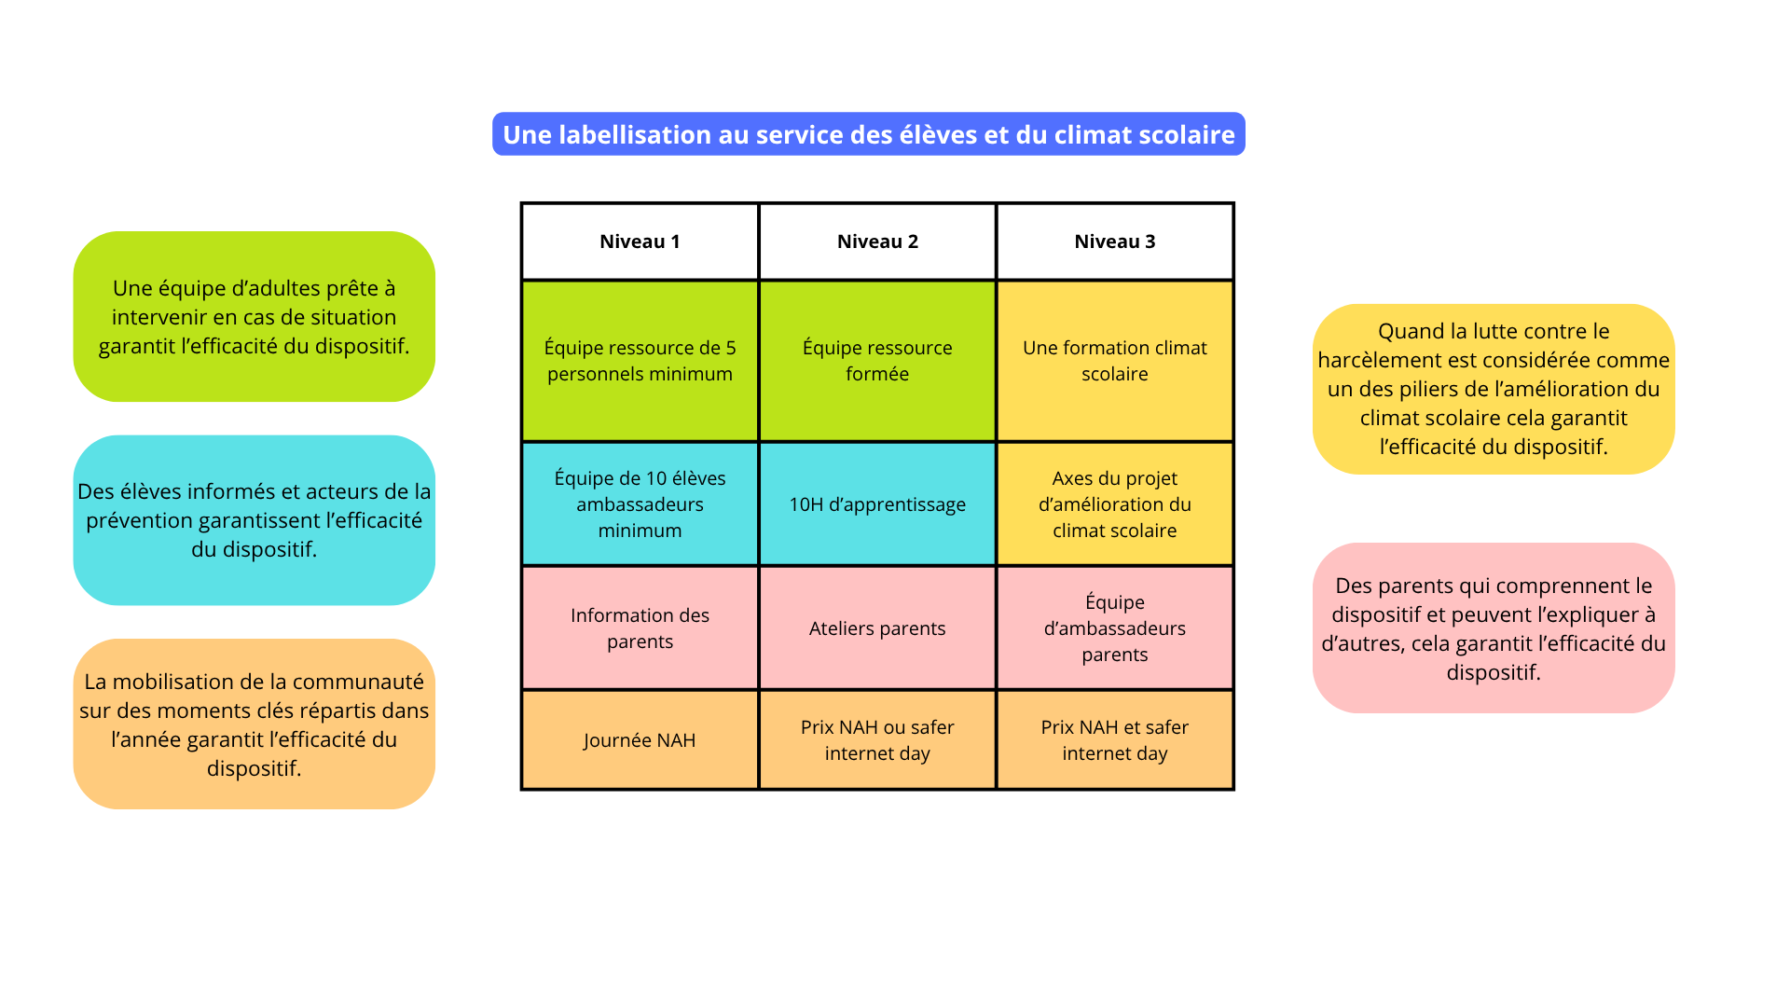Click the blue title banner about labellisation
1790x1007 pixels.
[x=868, y=134]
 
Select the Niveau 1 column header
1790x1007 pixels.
[x=640, y=241]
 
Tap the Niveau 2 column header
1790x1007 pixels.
[x=877, y=241]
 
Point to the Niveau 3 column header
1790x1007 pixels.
[x=1115, y=241]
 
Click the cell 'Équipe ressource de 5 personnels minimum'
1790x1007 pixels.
[x=640, y=361]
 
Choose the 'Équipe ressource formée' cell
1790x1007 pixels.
[x=877, y=361]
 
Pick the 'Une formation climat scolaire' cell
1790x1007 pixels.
[x=1115, y=361]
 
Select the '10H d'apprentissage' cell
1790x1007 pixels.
[x=877, y=504]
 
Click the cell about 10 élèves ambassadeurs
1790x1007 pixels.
[x=640, y=504]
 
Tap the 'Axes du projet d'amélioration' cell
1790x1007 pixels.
[x=1115, y=504]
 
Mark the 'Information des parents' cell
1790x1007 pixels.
[x=640, y=628]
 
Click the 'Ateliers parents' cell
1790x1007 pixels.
[x=877, y=628]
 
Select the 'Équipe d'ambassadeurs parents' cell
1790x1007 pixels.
[x=1115, y=628]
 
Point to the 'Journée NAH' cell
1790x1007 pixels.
[x=640, y=740]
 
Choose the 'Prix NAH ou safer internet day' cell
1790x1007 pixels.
[x=877, y=740]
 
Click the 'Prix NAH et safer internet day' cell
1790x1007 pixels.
[x=1115, y=740]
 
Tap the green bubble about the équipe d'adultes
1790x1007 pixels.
[x=254, y=317]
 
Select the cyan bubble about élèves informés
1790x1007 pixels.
[x=254, y=520]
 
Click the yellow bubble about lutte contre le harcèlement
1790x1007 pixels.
[x=1494, y=389]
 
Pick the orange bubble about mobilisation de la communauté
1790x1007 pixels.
[x=254, y=724]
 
